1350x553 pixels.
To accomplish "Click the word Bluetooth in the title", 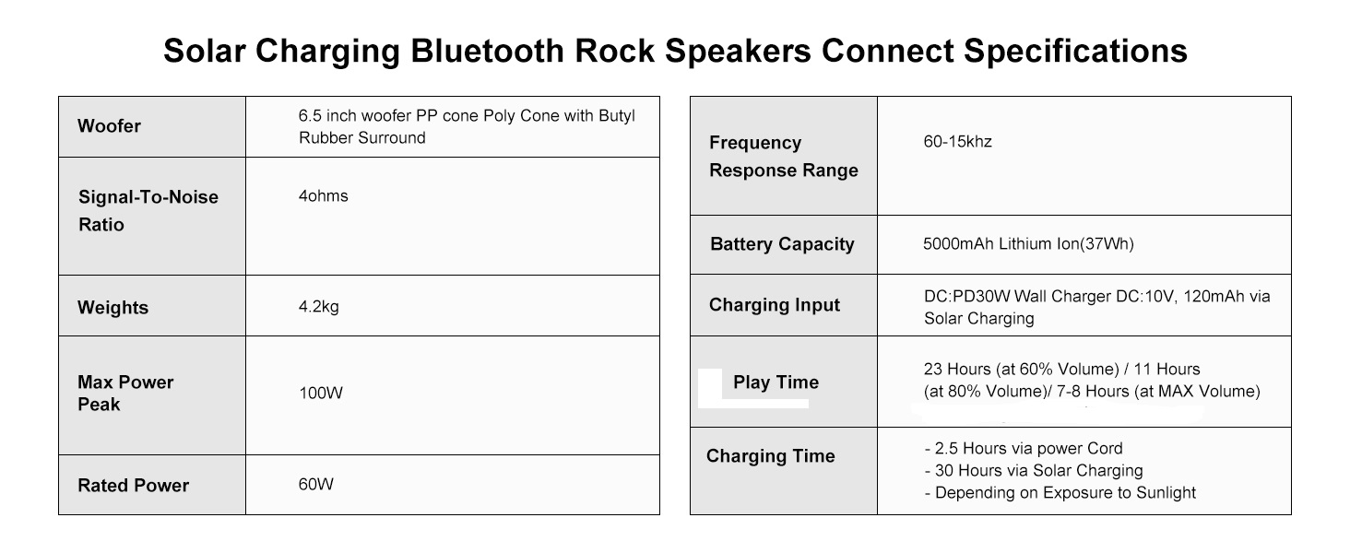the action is pos(487,51).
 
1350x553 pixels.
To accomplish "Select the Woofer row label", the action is pos(109,126).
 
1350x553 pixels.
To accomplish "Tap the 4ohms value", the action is pos(323,195).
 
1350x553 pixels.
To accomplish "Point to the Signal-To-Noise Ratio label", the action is pos(148,211).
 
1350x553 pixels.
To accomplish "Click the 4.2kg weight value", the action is pos(319,307).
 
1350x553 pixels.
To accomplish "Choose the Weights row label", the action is pos(112,307).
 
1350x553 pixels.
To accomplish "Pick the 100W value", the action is pos(321,394).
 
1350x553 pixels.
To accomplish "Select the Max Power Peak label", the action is pos(125,394).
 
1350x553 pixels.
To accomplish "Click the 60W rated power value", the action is pos(315,484).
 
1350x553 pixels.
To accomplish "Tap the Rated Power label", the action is pos(133,486).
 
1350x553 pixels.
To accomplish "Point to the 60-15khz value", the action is pos(958,142).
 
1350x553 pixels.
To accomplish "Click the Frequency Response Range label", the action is pos(784,157).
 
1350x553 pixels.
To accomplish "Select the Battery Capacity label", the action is pos(782,244).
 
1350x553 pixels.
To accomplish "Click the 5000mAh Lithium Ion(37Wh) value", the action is pos(1029,244).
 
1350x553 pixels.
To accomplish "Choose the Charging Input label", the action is pos(775,305).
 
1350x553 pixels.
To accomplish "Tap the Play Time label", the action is pos(776,382).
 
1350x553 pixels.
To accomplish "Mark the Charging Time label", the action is pos(771,456).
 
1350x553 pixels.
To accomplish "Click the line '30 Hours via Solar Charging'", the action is pos(1034,470).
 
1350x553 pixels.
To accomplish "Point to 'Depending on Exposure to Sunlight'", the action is pos(1060,493).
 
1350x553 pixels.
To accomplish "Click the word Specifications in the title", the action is pos(1076,52).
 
